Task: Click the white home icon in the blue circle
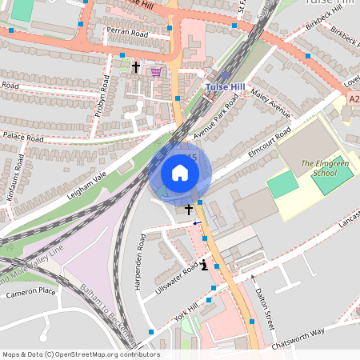[180, 173]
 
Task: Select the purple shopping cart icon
[156, 71]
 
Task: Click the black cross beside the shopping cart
[137, 68]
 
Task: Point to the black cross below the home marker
[189, 210]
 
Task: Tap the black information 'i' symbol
[205, 265]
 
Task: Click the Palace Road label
[22, 138]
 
